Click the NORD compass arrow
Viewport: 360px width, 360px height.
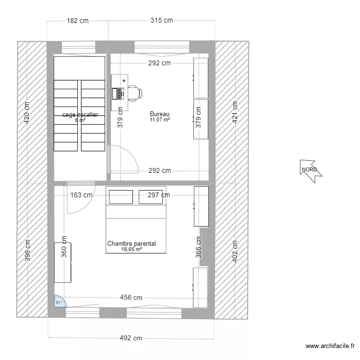click(x=310, y=170)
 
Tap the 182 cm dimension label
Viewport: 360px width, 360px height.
click(x=77, y=21)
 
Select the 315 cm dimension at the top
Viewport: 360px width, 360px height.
click(x=161, y=21)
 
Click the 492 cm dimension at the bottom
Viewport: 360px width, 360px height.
click(x=131, y=338)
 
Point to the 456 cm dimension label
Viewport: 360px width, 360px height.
click(x=131, y=298)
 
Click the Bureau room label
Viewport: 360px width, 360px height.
click(x=159, y=114)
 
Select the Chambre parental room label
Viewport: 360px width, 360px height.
click(x=132, y=244)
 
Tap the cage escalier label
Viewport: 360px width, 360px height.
click(x=80, y=115)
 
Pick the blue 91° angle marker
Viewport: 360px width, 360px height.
click(x=59, y=302)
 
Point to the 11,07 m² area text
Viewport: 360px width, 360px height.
click(x=159, y=120)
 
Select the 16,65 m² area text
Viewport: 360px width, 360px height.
click(x=132, y=250)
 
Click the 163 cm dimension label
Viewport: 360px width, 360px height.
click(x=81, y=195)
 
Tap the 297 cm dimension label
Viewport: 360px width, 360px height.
click(x=158, y=195)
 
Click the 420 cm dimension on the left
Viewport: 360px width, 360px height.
click(x=27, y=113)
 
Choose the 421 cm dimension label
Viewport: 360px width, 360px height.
click(x=235, y=112)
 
